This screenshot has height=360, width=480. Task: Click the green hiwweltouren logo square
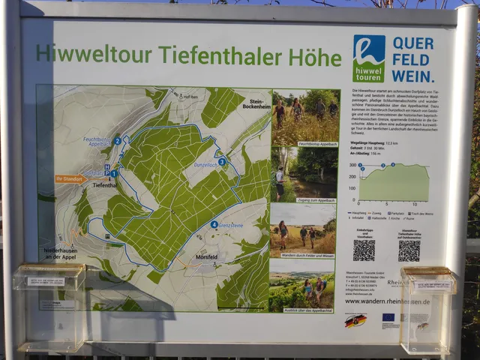coord(368,58)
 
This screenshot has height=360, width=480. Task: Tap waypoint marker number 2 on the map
coord(117,140)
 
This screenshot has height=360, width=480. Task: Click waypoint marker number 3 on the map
coord(222,161)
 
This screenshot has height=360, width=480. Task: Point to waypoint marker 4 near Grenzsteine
coord(214,224)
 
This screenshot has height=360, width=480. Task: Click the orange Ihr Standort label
coord(70,178)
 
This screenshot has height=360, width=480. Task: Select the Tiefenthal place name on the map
coord(104,185)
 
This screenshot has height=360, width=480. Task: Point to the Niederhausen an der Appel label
coord(61,254)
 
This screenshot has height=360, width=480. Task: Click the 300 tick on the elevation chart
coord(352,165)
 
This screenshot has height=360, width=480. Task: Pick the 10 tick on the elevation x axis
coord(414,204)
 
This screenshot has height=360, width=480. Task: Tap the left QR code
coord(364,250)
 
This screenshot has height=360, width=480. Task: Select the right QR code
coord(409,250)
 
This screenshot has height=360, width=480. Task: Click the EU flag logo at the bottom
coord(388,317)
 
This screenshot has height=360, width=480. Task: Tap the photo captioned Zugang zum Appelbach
coord(304,173)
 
